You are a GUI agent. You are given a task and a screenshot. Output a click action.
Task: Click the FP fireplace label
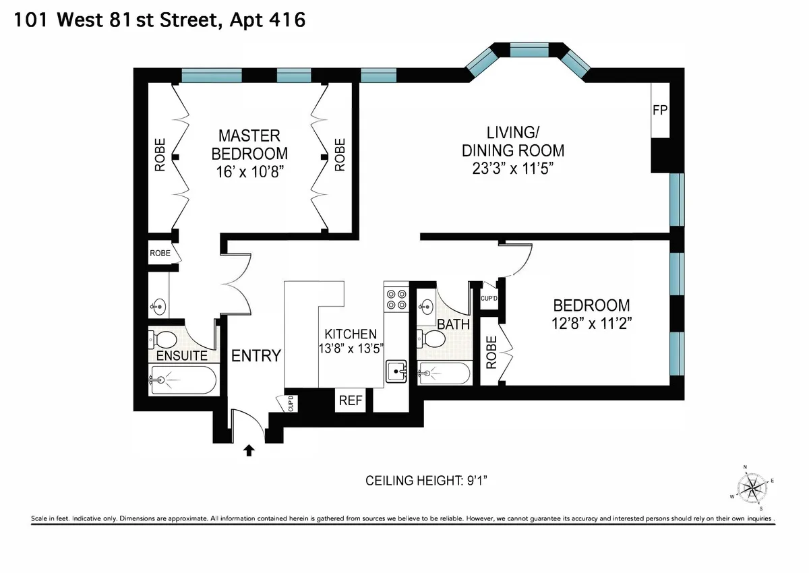click(659, 109)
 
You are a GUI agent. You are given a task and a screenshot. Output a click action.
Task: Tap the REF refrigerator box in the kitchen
click(351, 400)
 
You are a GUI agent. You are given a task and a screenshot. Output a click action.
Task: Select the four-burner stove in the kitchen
click(396, 299)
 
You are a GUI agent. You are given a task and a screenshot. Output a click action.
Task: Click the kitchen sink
click(396, 370)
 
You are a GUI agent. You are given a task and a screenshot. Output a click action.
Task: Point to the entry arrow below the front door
click(249, 450)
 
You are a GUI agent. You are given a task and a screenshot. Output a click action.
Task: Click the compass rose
click(750, 487)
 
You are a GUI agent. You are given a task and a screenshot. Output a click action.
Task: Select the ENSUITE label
click(181, 355)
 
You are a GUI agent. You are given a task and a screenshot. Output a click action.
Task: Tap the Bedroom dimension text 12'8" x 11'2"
click(591, 322)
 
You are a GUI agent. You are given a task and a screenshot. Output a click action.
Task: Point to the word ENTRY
click(256, 356)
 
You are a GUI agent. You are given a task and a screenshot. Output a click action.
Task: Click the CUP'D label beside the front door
click(291, 403)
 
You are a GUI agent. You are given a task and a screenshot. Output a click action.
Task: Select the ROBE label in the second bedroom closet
click(491, 352)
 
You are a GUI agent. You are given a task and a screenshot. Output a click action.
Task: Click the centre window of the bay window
click(529, 50)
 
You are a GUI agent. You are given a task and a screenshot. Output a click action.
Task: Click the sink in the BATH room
click(426, 307)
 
